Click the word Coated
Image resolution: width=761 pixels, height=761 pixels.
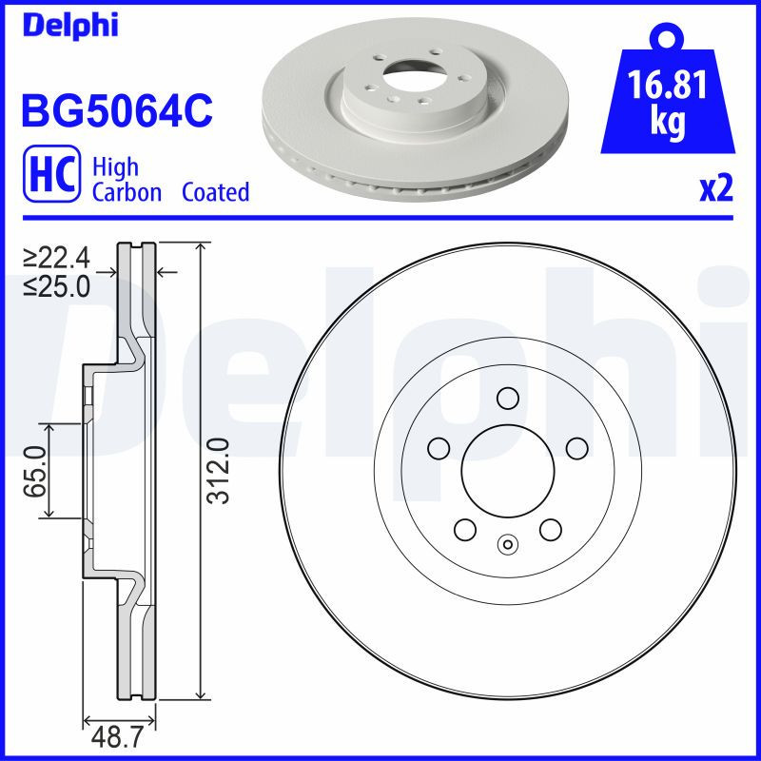click(215, 192)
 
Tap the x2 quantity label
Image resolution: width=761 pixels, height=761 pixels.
click(716, 189)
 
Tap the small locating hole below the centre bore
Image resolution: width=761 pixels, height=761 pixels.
click(506, 545)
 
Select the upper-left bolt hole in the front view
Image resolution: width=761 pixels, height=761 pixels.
click(439, 446)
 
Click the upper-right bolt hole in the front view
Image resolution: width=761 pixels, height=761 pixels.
click(576, 446)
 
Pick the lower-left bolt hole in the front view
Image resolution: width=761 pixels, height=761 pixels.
click(464, 528)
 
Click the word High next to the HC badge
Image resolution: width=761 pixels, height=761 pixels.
click(114, 167)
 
